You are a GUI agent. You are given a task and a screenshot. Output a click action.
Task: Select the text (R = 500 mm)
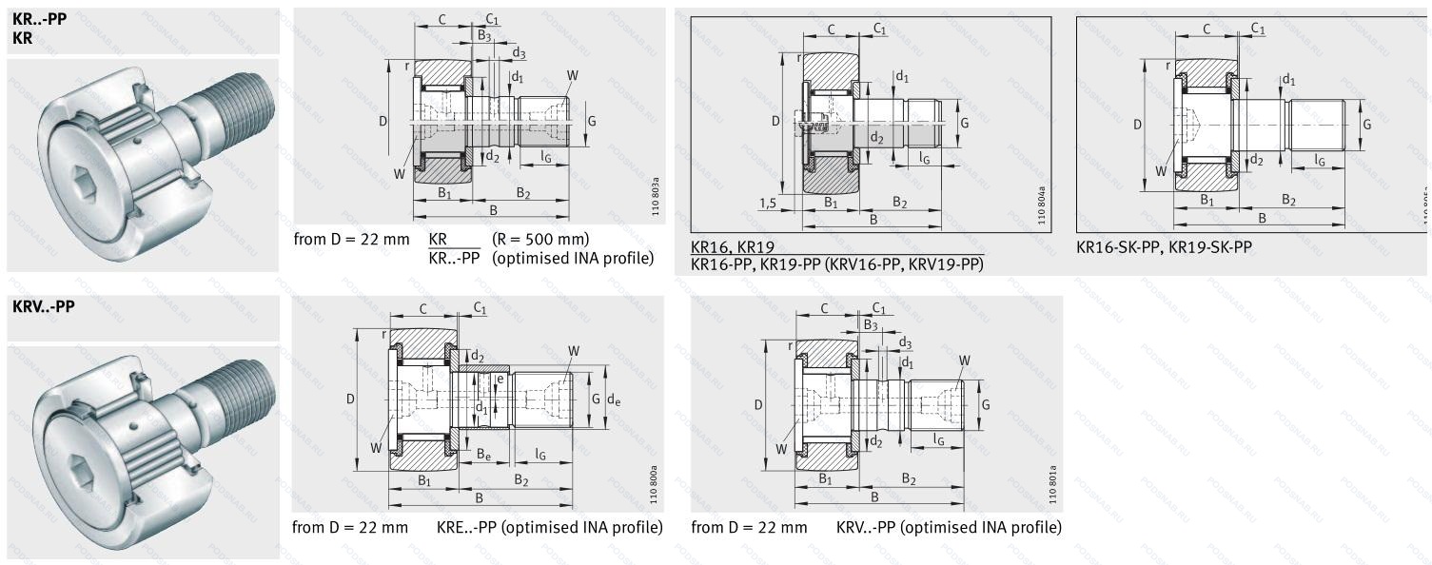(x=540, y=239)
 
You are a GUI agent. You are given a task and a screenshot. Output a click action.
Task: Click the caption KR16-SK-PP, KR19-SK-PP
(x=1164, y=246)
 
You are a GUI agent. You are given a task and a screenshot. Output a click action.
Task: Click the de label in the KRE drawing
(x=614, y=399)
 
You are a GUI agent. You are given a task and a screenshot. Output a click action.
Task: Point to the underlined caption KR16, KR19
(x=732, y=247)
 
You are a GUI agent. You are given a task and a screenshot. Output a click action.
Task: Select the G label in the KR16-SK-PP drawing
(x=1365, y=125)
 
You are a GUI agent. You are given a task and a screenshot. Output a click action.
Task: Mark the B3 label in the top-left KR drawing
(x=484, y=35)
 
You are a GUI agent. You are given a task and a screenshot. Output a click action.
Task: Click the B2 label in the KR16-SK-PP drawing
(x=1288, y=200)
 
